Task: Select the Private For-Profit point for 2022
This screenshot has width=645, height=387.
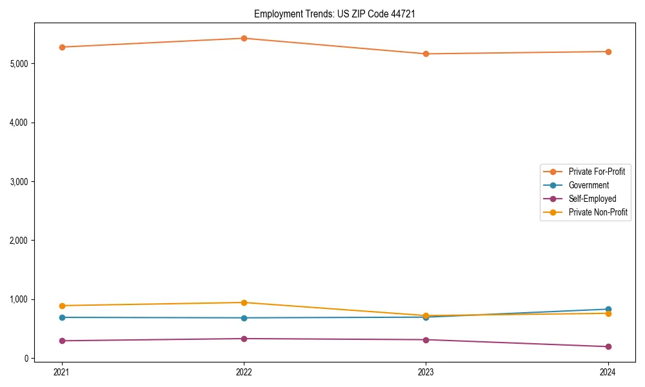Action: point(244,38)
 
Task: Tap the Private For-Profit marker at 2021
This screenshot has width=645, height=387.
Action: point(62,47)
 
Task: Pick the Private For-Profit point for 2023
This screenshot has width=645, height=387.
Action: point(426,54)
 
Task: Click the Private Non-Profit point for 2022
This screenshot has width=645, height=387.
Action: point(244,303)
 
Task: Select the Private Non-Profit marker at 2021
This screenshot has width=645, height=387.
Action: point(62,306)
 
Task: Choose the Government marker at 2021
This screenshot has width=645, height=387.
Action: point(62,317)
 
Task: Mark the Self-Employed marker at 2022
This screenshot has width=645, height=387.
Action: point(244,339)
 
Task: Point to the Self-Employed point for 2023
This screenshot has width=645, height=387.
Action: point(426,340)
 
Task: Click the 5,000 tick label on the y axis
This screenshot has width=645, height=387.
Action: point(19,64)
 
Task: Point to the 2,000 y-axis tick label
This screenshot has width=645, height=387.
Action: point(19,241)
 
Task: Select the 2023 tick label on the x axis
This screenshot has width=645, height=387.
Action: point(426,372)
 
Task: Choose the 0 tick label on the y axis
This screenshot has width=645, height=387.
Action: point(26,359)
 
